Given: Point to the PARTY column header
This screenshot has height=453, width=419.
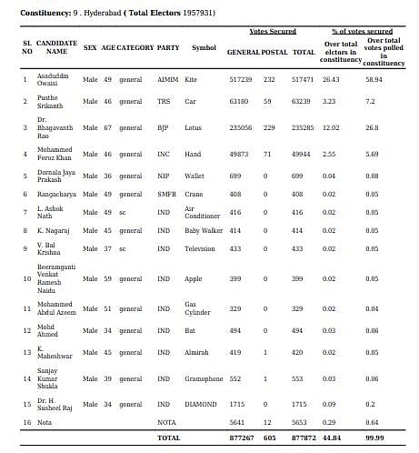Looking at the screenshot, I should tap(167, 47).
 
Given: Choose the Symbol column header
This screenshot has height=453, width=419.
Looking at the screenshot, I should tap(204, 47).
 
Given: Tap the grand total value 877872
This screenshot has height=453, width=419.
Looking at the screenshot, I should tap(304, 437).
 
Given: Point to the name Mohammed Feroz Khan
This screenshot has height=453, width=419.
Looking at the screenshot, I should tap(54, 153).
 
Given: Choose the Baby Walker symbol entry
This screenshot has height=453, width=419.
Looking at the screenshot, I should tap(204, 232).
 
